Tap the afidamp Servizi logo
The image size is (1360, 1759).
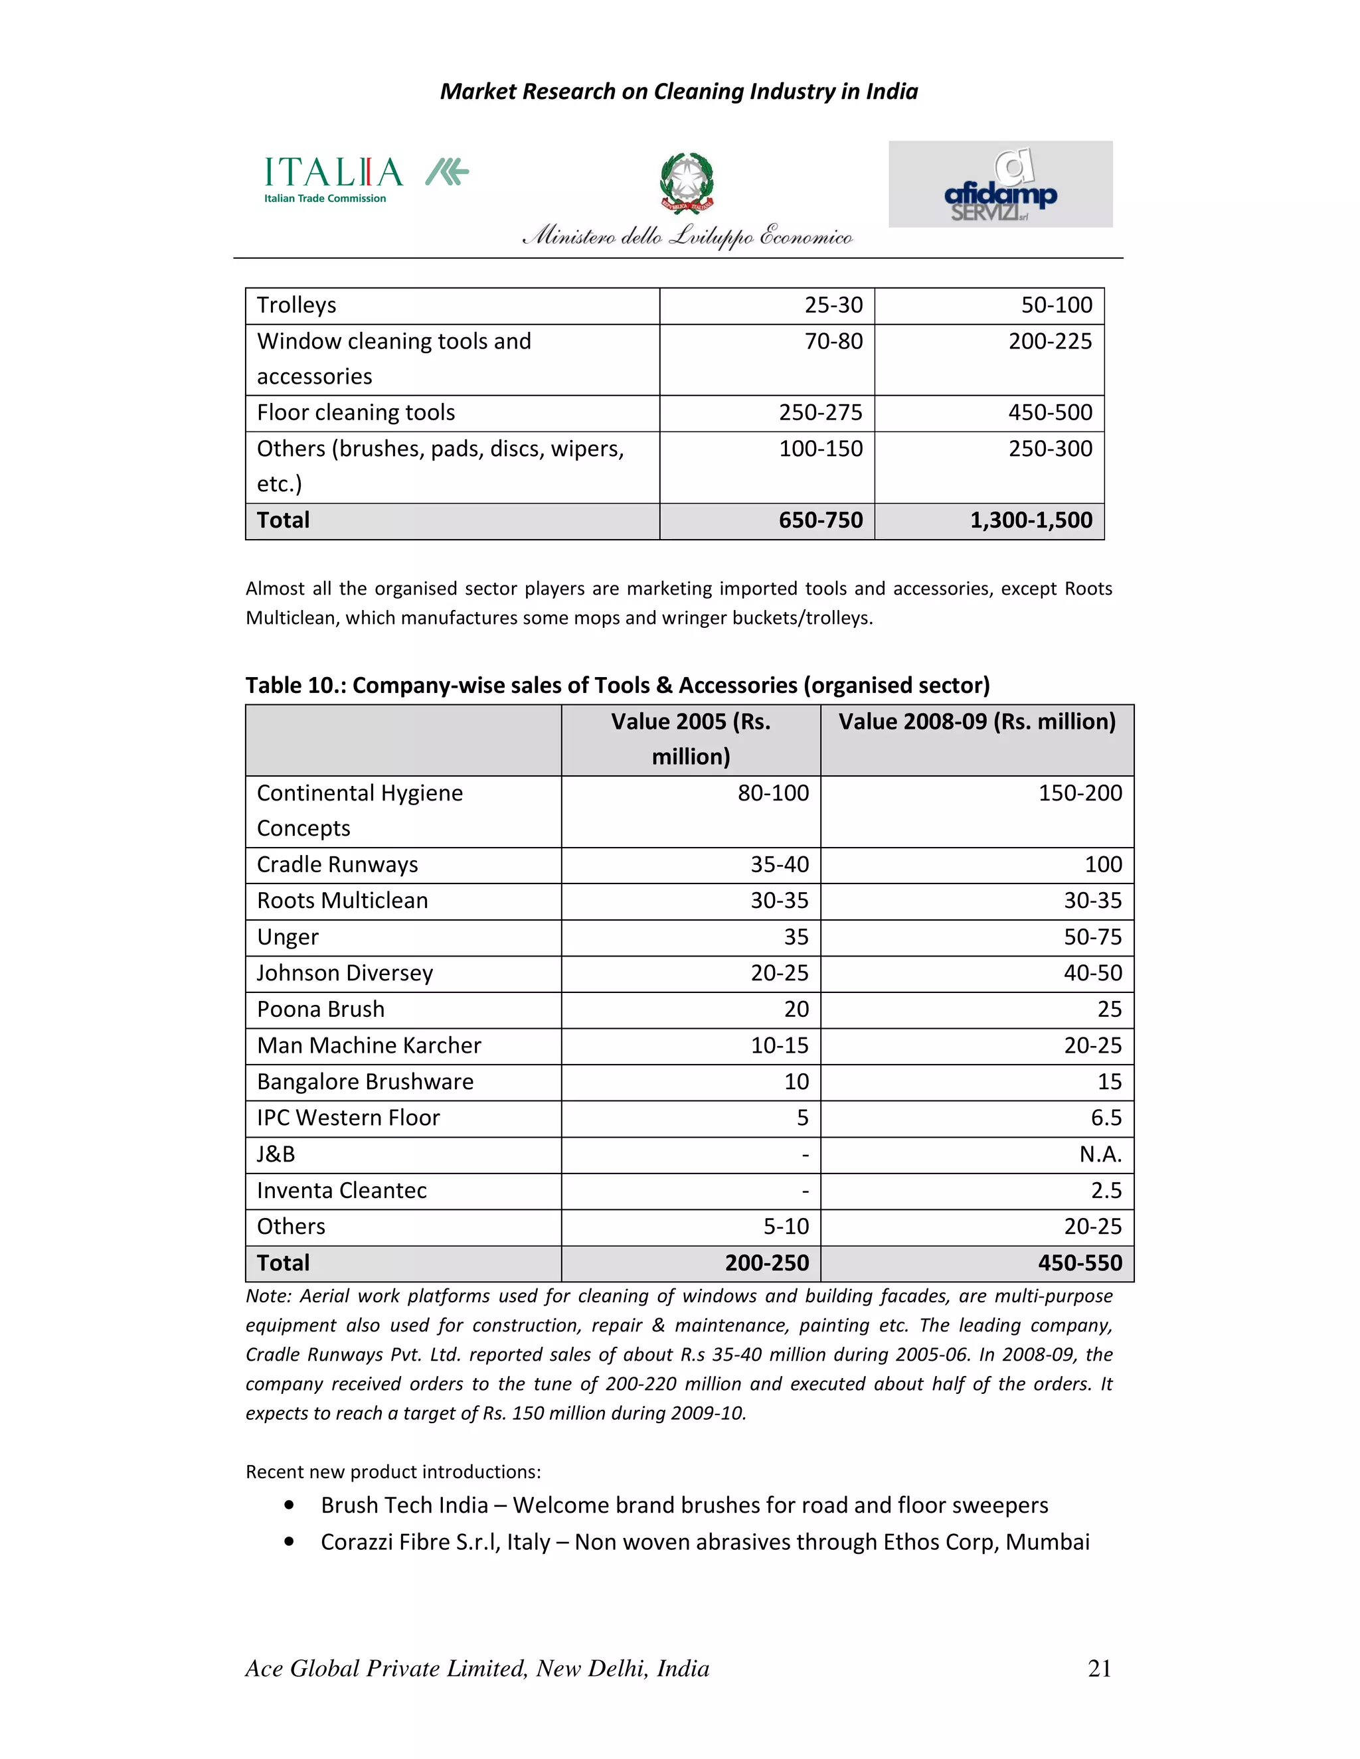1000,185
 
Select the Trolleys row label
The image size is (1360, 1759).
296,305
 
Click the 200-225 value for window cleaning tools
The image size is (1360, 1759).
1050,341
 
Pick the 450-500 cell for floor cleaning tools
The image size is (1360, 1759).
1050,412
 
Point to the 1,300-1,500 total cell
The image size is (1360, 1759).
1031,520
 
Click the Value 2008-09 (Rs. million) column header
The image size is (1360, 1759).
976,722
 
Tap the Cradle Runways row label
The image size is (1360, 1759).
337,864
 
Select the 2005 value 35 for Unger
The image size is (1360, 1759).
796,937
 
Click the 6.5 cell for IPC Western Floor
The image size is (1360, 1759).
1106,1118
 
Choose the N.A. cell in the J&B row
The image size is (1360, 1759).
1100,1154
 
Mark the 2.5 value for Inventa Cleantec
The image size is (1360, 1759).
1106,1190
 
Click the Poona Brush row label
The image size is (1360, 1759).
321,1009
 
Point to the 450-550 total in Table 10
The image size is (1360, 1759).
1080,1263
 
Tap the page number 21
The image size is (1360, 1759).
1099,1668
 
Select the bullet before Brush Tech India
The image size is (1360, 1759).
288,1505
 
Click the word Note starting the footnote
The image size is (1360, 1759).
267,1296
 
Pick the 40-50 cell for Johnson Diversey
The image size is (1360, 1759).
1092,973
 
